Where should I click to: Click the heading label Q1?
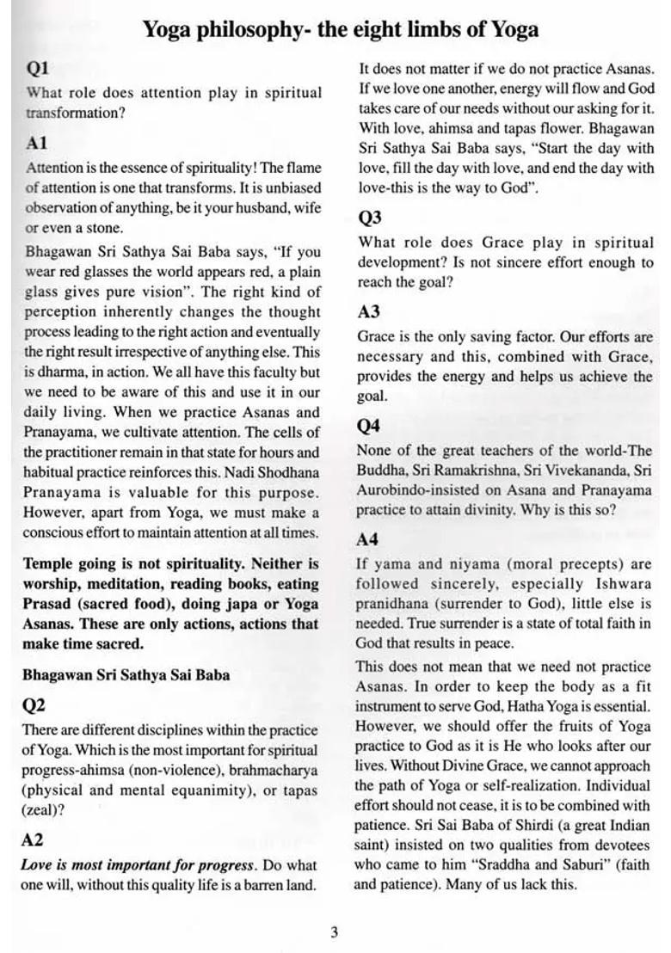click(39, 68)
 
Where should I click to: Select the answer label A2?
click(33, 840)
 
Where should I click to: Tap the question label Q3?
click(370, 218)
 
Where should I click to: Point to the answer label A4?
click(368, 539)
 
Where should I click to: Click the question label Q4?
click(369, 426)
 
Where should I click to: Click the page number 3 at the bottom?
click(334, 931)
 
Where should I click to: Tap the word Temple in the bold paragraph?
click(49, 564)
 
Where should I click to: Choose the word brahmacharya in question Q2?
click(274, 770)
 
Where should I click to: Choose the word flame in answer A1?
click(300, 169)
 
